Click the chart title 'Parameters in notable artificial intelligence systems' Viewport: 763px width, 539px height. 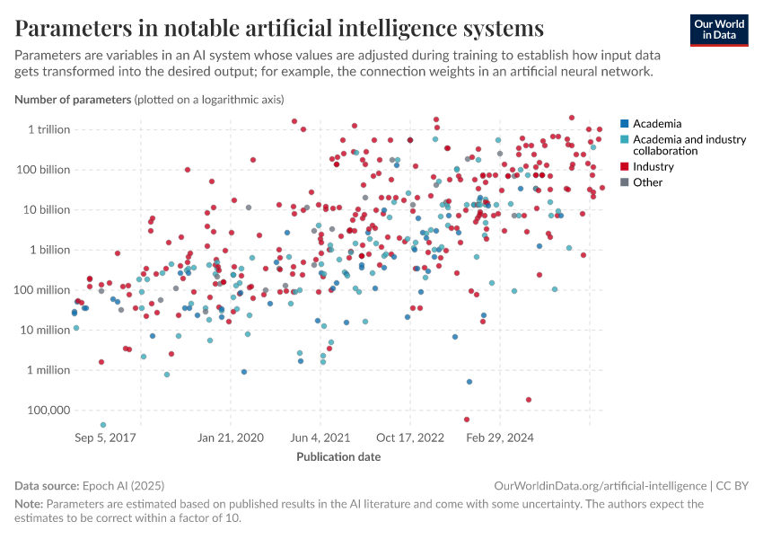pos(279,29)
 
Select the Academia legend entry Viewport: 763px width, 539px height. pos(656,124)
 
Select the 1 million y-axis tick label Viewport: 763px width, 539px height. pos(48,370)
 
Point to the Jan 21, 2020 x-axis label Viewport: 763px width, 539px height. pos(231,438)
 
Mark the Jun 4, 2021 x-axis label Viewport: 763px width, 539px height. pos(320,438)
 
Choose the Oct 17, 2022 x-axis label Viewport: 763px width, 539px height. pos(410,438)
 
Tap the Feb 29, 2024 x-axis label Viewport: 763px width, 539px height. pos(499,438)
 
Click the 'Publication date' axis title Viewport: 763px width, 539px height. pos(338,456)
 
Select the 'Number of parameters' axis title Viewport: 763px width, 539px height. pos(73,99)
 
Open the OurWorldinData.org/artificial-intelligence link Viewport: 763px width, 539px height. pos(600,486)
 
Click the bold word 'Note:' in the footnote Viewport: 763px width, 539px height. pos(29,504)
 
